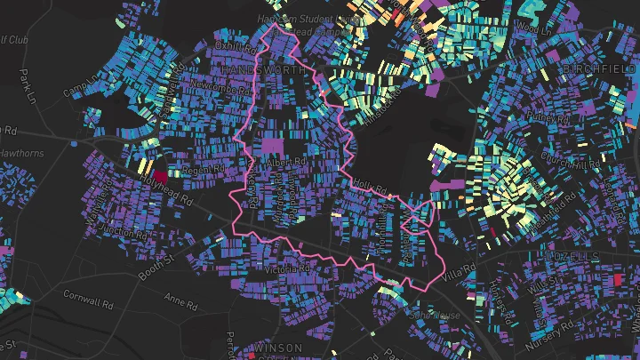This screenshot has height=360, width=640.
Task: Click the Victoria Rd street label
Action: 282,268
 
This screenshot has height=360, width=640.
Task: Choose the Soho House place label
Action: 436,316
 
